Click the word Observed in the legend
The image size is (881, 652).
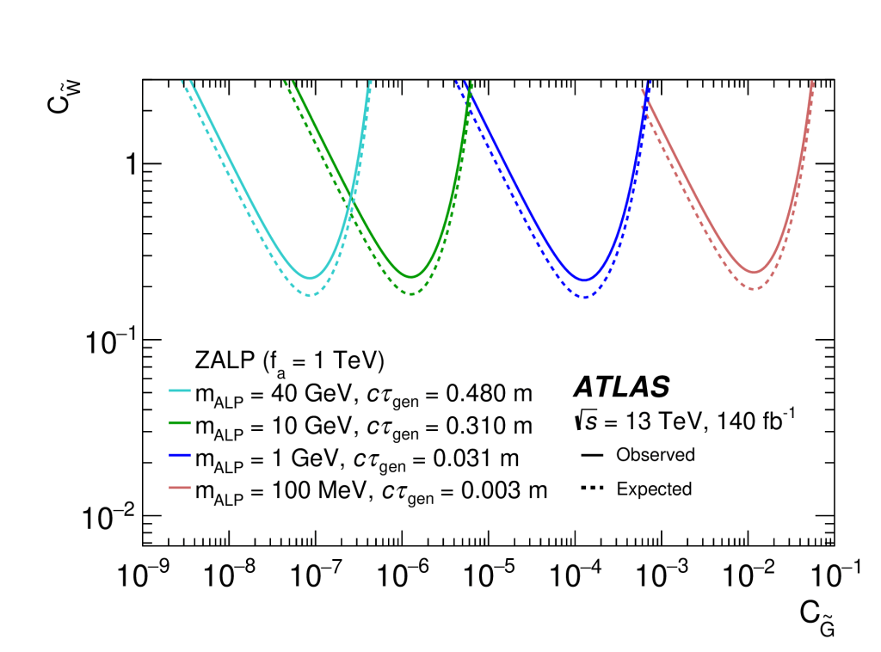tap(655, 454)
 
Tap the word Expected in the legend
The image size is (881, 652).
tap(654, 489)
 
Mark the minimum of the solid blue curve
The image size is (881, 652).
tap(585, 280)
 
